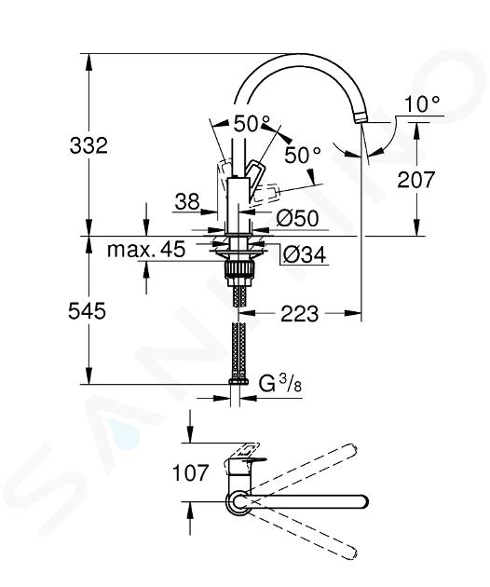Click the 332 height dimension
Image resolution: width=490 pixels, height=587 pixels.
point(88,145)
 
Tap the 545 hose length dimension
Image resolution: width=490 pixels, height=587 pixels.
point(87,311)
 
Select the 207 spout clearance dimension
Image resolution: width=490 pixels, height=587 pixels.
point(415,179)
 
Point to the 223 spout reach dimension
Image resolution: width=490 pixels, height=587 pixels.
point(300,313)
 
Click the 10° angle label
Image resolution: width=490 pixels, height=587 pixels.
point(422,103)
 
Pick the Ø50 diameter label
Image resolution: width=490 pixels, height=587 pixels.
point(297,218)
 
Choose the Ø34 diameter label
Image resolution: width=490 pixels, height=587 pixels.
point(305,255)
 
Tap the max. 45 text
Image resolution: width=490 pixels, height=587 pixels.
point(146,249)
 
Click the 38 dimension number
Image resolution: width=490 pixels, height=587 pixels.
point(187,202)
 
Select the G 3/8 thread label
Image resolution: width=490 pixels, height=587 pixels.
point(280,384)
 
